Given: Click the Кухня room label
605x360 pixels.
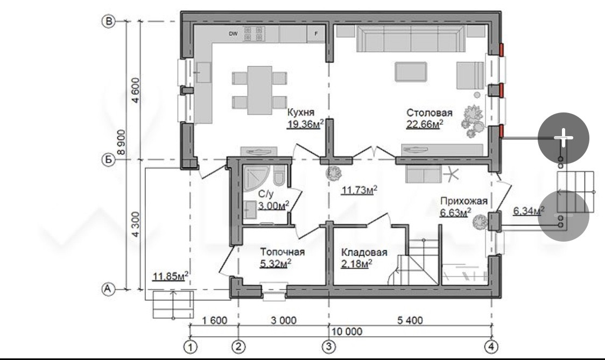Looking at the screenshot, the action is tap(301, 112).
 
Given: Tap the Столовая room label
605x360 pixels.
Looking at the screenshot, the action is tap(429, 112).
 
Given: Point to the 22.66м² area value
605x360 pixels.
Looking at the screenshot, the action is tap(425, 124).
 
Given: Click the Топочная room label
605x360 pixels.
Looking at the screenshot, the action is tap(282, 252).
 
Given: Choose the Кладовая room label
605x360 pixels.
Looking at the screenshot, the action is tap(364, 252).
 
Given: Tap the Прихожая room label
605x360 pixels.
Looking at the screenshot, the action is tap(464, 201).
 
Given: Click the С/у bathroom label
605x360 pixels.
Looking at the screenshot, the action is tap(265, 194).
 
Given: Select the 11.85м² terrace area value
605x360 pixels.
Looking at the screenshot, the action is tap(171, 276).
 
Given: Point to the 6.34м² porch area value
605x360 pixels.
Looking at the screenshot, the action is tap(529, 211).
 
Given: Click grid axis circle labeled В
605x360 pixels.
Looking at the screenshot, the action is tap(108, 21).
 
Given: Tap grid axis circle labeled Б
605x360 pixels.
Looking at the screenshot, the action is tap(108, 159).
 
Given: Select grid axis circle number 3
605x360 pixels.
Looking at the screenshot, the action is tap(329, 347).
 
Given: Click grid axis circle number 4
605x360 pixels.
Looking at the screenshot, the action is tap(491, 347).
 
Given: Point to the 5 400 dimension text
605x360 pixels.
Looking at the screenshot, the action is tap(410, 320).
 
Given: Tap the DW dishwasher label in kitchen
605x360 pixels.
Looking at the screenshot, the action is tap(233, 33).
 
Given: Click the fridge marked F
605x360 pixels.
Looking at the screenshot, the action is tap(316, 33).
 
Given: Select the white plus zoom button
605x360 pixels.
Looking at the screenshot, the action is tap(564, 138).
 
